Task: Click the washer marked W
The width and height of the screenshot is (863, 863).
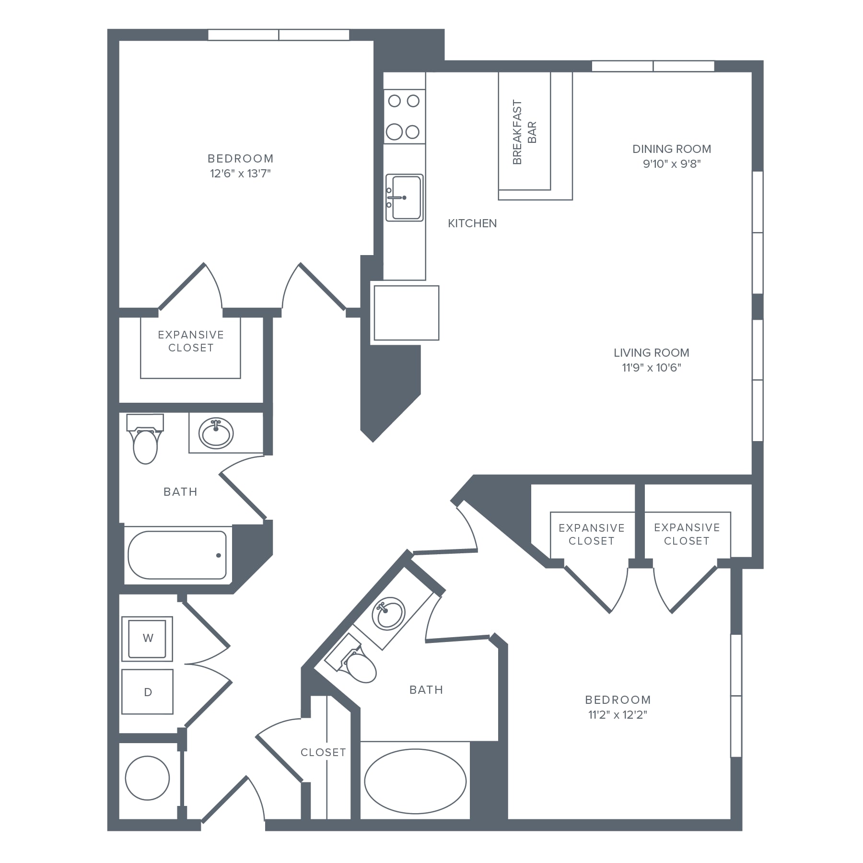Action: pos(147,639)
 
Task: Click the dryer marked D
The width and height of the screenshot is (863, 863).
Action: pos(147,692)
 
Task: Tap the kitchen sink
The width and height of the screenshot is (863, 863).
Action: pos(405,198)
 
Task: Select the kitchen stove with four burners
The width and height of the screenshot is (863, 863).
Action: pos(404,116)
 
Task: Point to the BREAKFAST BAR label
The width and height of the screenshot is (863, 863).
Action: pos(525,132)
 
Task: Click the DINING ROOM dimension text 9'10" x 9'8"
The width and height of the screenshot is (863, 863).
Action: pos(672,164)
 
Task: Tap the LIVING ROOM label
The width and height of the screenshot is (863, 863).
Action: pos(652,353)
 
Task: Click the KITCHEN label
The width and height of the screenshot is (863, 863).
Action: pos(472,223)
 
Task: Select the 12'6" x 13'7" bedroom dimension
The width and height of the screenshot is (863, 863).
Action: pos(240,174)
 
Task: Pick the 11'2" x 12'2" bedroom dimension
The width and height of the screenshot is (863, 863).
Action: pos(618,715)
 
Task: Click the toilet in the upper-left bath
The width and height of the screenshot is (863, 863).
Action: pos(145,439)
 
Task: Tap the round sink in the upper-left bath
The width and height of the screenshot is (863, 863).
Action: pos(216,432)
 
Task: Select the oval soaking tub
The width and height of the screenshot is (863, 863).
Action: pos(415,781)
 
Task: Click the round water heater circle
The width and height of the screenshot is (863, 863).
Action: pos(147,778)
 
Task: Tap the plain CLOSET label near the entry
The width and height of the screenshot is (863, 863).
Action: pos(323,753)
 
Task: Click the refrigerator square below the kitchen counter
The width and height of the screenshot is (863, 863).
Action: pos(406,313)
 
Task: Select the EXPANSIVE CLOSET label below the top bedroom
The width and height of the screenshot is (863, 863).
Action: pos(191,341)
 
